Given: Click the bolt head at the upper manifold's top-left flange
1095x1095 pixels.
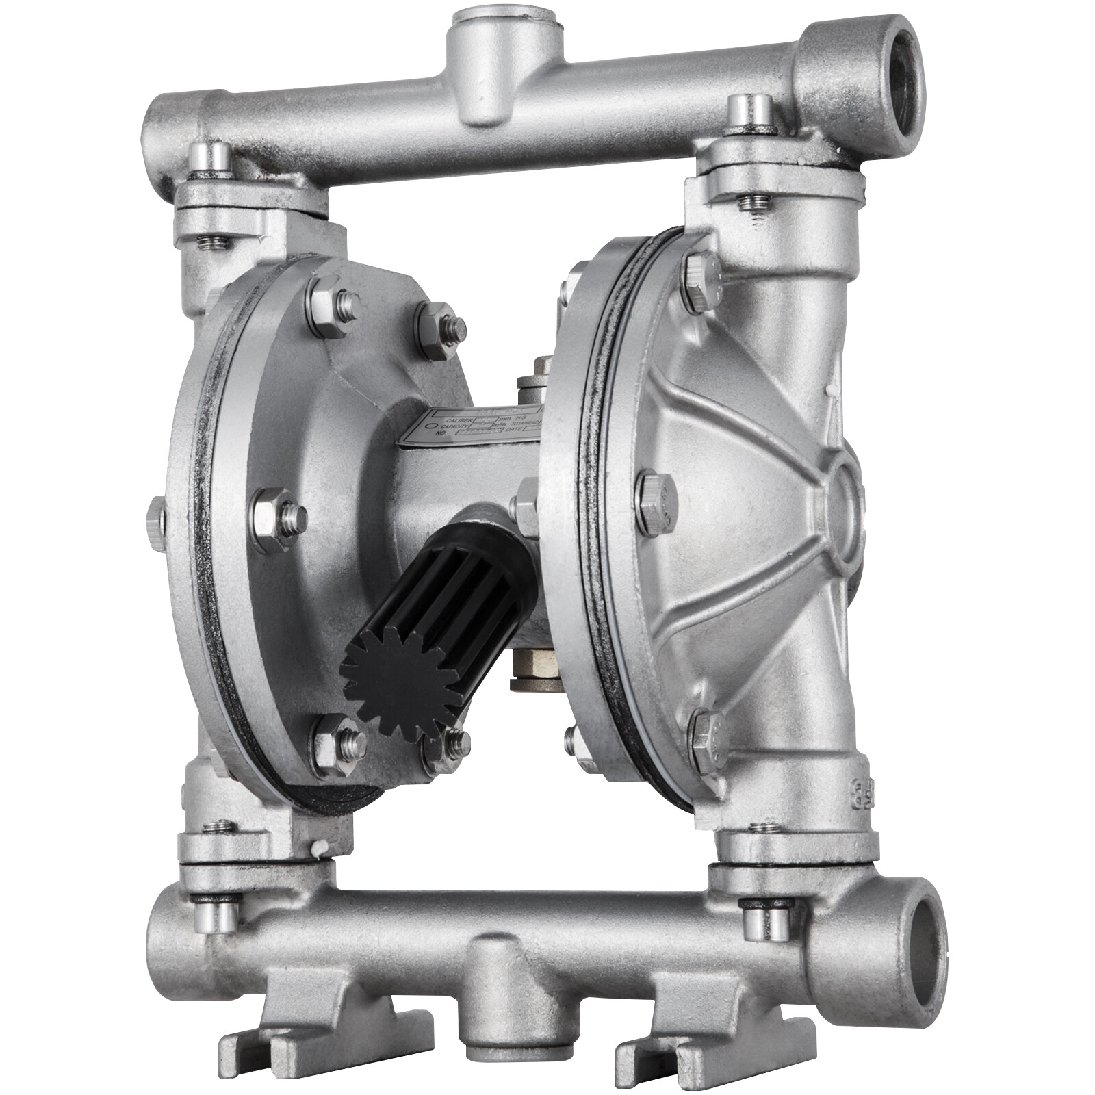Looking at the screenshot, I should tap(211, 156).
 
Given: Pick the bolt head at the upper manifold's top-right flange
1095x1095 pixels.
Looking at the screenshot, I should tap(750, 111).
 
